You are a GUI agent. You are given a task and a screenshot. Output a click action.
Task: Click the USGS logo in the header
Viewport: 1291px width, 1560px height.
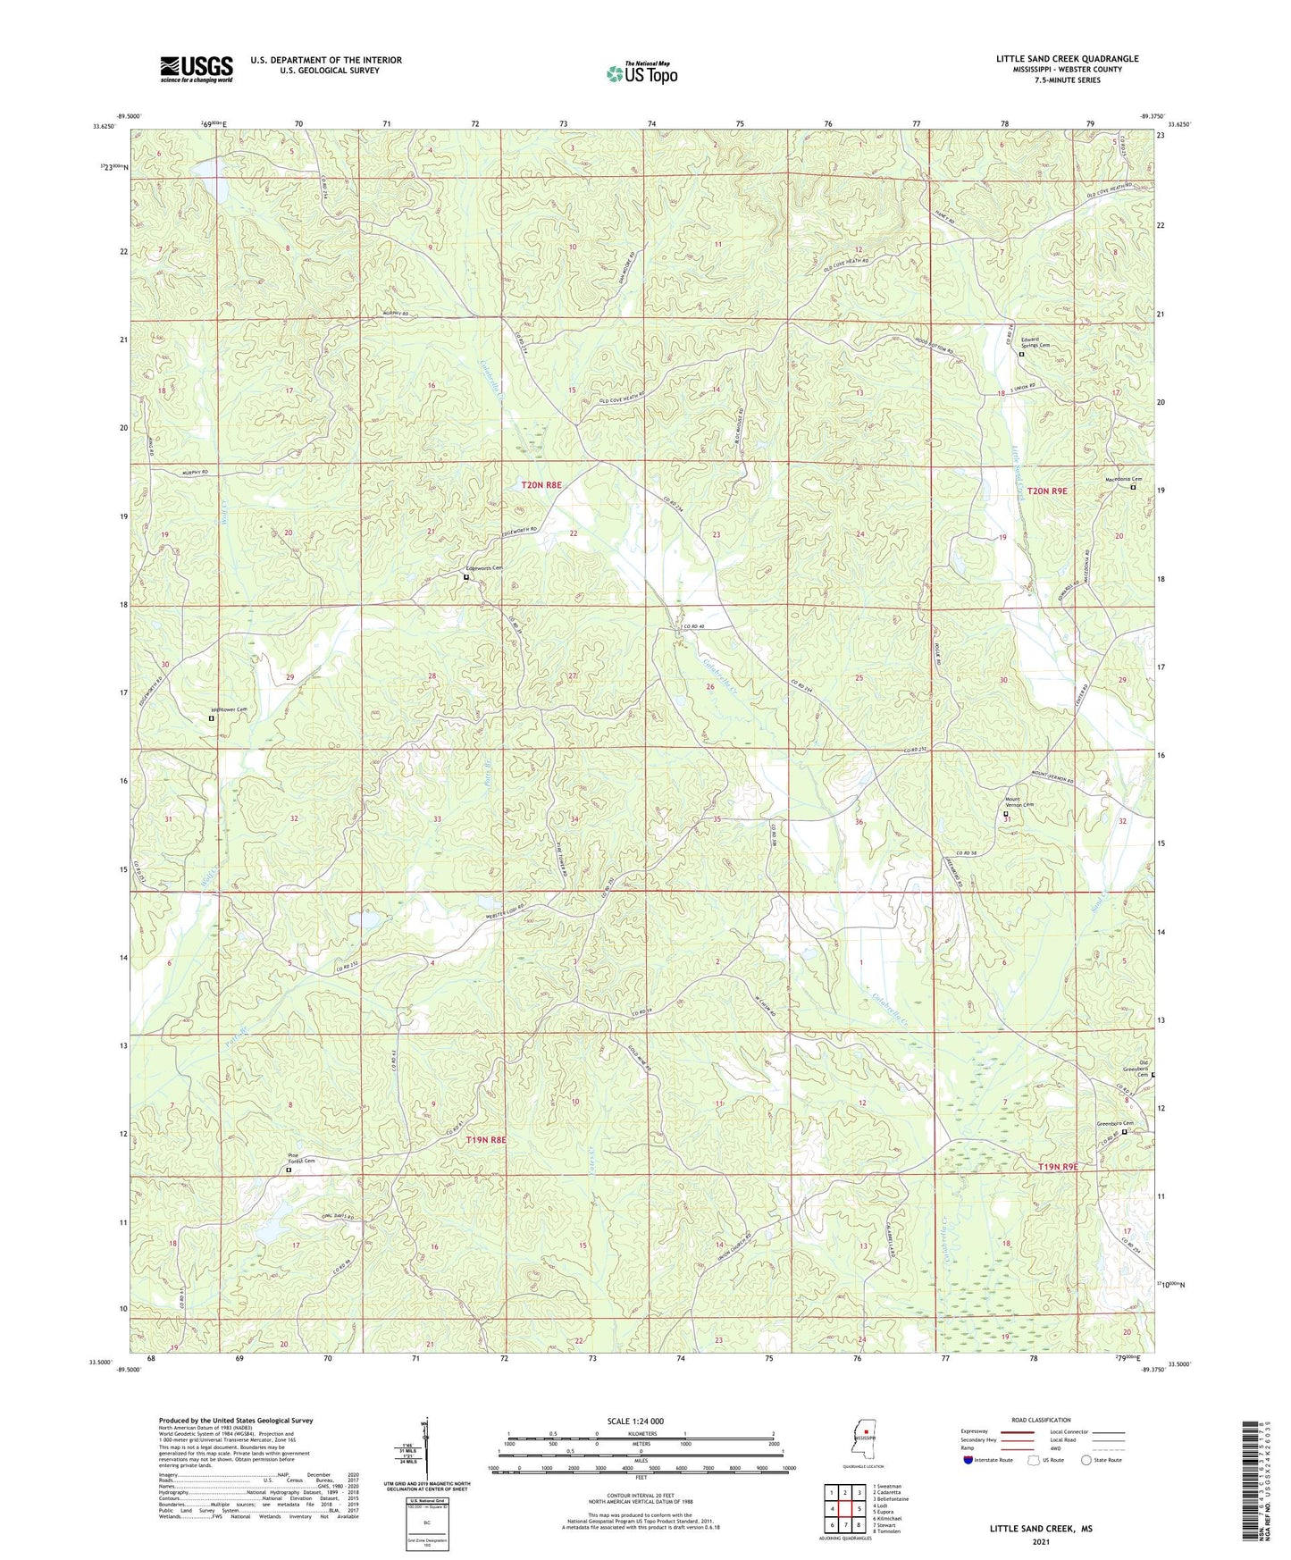pos(197,69)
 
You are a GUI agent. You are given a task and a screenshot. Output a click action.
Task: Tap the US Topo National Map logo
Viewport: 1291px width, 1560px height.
pos(641,73)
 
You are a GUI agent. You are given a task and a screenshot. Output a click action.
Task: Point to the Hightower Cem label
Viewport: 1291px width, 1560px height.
pos(228,709)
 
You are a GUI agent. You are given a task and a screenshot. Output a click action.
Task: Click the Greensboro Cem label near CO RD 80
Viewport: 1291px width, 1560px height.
pos(1115,1124)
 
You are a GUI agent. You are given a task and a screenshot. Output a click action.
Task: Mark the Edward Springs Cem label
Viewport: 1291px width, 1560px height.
pos(1035,344)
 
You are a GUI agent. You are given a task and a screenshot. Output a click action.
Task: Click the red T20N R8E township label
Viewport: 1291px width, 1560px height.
pos(541,484)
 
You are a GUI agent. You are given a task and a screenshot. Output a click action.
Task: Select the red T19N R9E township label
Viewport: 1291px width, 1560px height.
pos(1059,1167)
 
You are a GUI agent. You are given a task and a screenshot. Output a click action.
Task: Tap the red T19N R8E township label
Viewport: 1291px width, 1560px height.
pos(486,1140)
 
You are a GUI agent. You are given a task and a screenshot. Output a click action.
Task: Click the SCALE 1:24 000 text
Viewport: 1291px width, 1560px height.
pos(635,1421)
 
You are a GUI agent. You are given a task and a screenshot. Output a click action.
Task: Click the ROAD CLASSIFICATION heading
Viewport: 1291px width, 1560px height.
pos(1041,1420)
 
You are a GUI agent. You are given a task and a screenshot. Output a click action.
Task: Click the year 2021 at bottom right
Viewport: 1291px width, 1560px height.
pos(1040,1541)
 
